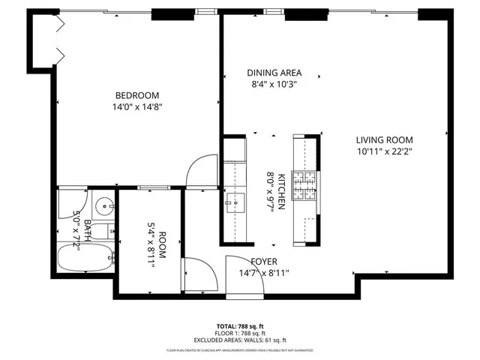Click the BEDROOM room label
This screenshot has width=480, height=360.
136,95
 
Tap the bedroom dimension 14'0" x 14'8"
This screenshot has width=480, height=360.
136,106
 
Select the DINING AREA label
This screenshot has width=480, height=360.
274,73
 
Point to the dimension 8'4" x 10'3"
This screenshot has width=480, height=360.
274,85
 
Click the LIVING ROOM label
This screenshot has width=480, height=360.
384,139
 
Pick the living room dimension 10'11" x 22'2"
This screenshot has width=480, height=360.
384,151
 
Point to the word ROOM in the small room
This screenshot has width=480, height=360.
162,245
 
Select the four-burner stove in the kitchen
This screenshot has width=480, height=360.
306,186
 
